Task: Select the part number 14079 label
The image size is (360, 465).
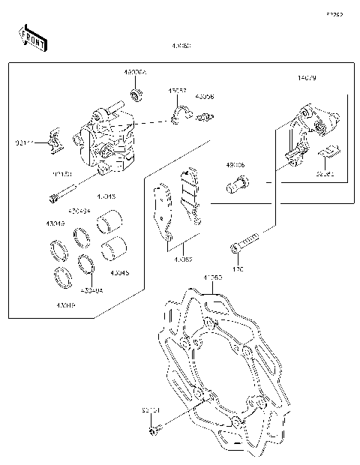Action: point(307,77)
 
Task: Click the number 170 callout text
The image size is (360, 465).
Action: point(239,268)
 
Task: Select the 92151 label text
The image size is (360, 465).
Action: point(150,410)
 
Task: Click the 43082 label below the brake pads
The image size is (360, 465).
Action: point(183,259)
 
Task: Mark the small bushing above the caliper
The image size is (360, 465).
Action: point(136,94)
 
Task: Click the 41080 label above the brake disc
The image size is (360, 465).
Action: point(213,277)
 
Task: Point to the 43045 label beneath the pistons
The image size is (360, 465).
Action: point(120,273)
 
